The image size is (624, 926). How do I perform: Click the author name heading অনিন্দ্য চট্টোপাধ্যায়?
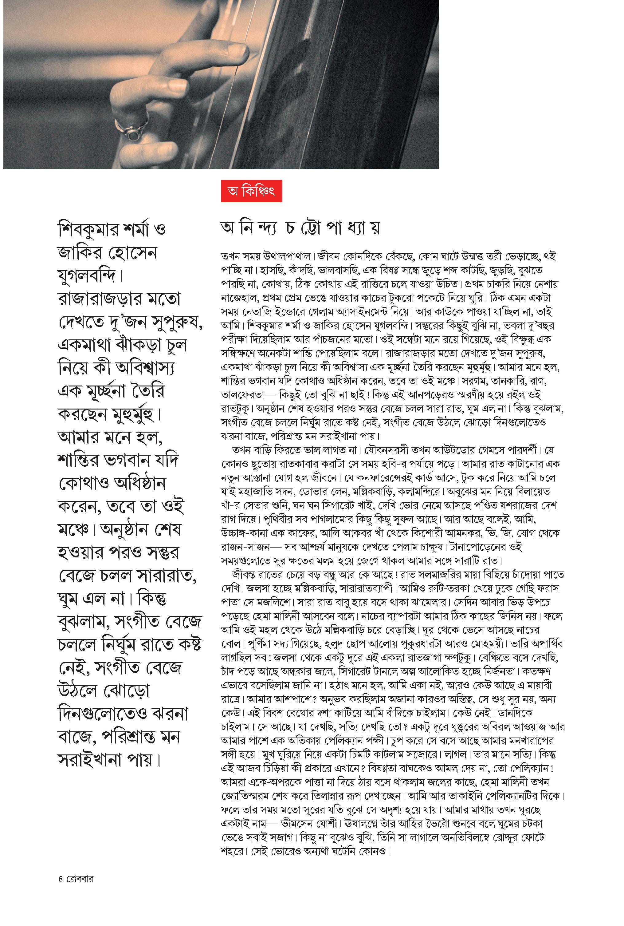tap(300, 228)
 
